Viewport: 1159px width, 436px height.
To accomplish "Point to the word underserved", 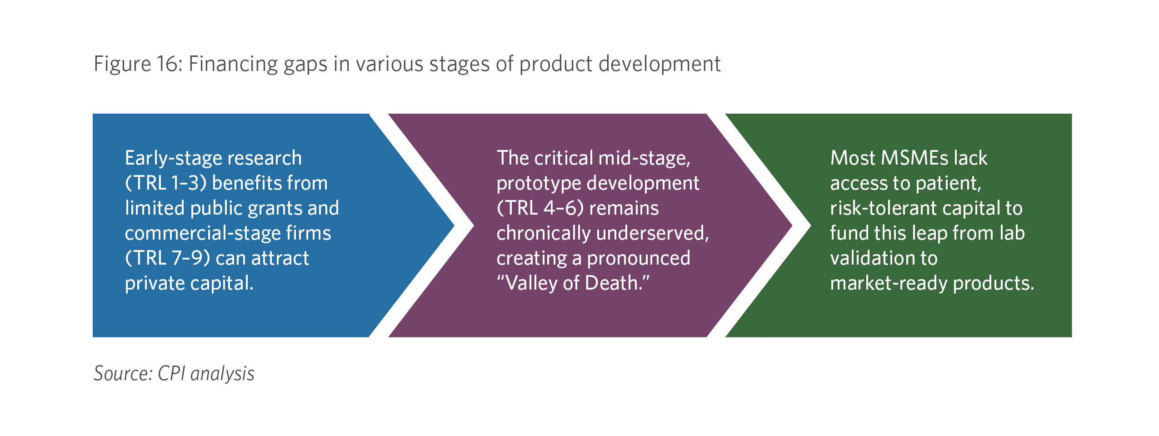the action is [x=653, y=233].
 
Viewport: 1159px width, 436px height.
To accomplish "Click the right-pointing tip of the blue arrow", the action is [x=454, y=225].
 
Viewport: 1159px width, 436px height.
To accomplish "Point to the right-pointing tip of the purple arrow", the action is [x=792, y=225].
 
